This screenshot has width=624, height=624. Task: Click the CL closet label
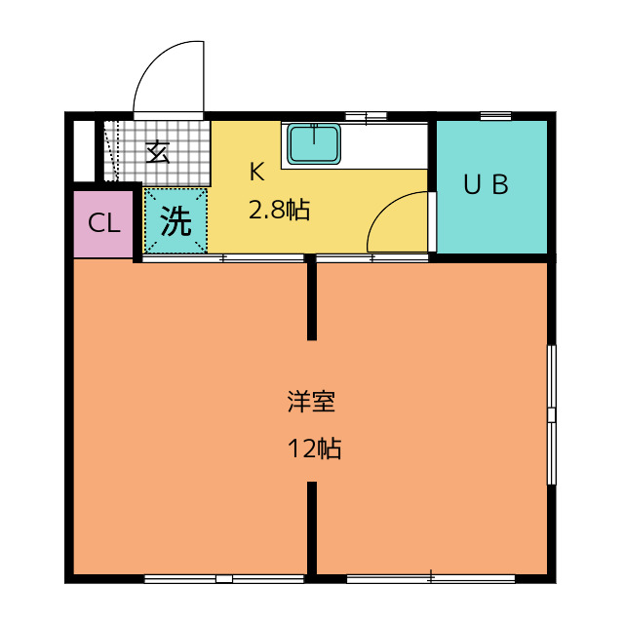[104, 223]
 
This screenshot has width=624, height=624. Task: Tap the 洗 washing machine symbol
[175, 222]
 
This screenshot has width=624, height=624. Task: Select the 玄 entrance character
[158, 152]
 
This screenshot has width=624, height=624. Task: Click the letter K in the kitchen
[256, 173]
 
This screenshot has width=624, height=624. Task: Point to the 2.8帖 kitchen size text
[279, 210]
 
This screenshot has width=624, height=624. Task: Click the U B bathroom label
[486, 185]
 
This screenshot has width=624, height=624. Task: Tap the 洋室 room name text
[312, 402]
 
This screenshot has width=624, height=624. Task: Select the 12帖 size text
[313, 449]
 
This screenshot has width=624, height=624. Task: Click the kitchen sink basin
[314, 145]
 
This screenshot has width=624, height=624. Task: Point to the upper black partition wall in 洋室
[312, 298]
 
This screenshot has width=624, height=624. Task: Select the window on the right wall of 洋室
[551, 414]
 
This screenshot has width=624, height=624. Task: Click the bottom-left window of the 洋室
[223, 579]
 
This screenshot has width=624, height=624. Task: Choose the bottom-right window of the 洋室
[430, 579]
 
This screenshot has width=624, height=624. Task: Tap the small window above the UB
[495, 116]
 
